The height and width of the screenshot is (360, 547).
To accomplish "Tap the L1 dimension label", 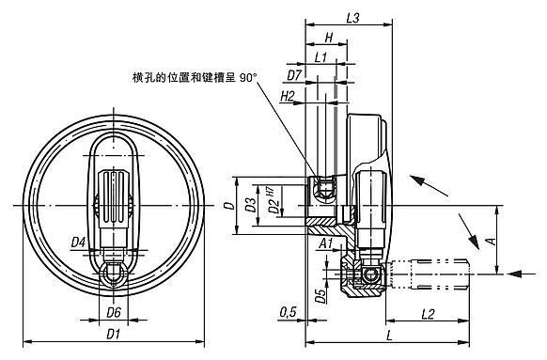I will [320, 57].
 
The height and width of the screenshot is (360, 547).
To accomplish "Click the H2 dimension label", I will [288, 97].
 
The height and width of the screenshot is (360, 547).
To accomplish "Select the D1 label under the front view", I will [114, 333].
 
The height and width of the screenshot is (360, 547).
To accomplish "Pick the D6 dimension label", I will [114, 312].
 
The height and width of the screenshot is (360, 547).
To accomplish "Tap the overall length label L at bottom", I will [387, 335].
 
